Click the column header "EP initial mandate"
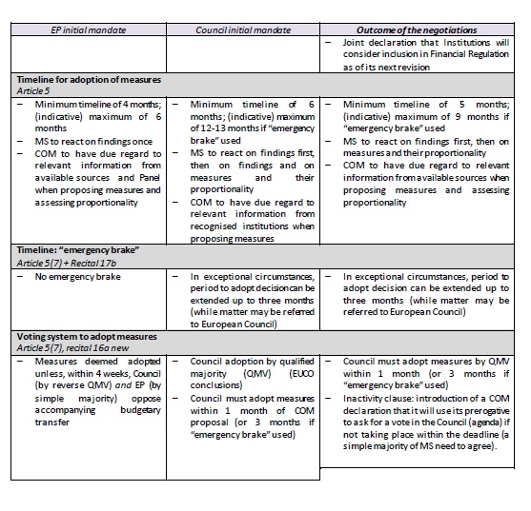(90, 29)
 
